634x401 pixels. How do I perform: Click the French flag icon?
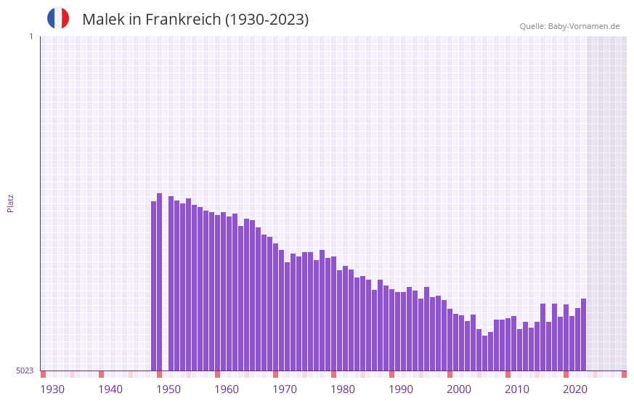(58, 18)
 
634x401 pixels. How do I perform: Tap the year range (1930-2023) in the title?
(267, 20)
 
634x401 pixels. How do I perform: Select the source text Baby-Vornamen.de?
(583, 26)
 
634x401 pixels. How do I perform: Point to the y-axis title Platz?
(10, 203)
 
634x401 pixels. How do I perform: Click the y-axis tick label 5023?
(25, 370)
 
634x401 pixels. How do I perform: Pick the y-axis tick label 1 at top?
(31, 36)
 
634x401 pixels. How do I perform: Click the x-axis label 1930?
(52, 389)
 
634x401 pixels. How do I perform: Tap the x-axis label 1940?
(110, 389)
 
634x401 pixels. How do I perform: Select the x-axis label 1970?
(285, 389)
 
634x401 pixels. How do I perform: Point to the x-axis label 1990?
(401, 389)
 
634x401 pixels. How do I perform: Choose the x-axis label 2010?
(517, 389)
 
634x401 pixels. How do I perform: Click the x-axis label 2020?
(575, 389)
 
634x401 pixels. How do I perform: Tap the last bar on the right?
(583, 334)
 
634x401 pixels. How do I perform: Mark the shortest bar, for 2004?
(485, 353)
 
